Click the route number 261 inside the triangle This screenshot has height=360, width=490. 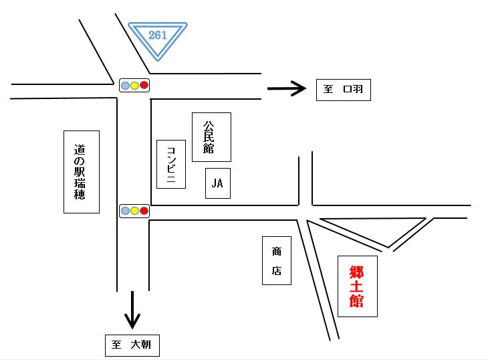click(x=158, y=35)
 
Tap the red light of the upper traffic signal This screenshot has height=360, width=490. click(x=144, y=85)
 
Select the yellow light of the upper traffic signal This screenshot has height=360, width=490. click(x=134, y=85)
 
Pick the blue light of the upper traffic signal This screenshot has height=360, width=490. click(x=125, y=85)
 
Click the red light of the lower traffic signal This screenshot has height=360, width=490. click(x=144, y=211)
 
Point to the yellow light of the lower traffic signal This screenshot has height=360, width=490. click(x=134, y=211)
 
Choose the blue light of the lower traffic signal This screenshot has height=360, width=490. click(x=125, y=211)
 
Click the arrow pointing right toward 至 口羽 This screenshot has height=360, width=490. click(x=286, y=89)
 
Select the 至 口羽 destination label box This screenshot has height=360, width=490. click(x=343, y=89)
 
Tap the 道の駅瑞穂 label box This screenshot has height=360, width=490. click(x=81, y=172)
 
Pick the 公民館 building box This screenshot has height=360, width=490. click(x=211, y=137)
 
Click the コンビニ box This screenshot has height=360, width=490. click(x=170, y=164)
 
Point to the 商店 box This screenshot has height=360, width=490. click(x=277, y=260)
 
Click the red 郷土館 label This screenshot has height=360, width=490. click(x=357, y=286)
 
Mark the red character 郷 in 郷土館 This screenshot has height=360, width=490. click(x=357, y=272)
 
